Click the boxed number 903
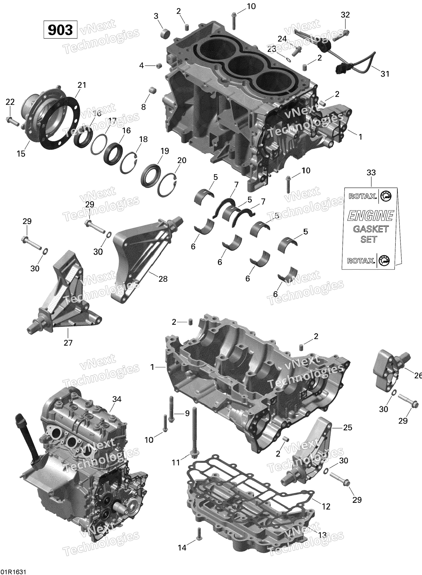pos(60,30)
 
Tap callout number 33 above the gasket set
pos(371,173)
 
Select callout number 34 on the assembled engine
pos(117,399)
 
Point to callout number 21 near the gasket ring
pos(82,85)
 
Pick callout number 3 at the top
pos(156,16)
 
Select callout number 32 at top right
pos(345,15)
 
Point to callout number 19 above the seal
pos(165,151)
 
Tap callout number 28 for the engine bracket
pos(163,279)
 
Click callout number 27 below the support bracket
pos(68,343)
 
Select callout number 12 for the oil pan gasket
pos(326,507)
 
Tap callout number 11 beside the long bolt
pos(176,463)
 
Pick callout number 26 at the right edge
pos(418,376)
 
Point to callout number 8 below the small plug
pos(144,107)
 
